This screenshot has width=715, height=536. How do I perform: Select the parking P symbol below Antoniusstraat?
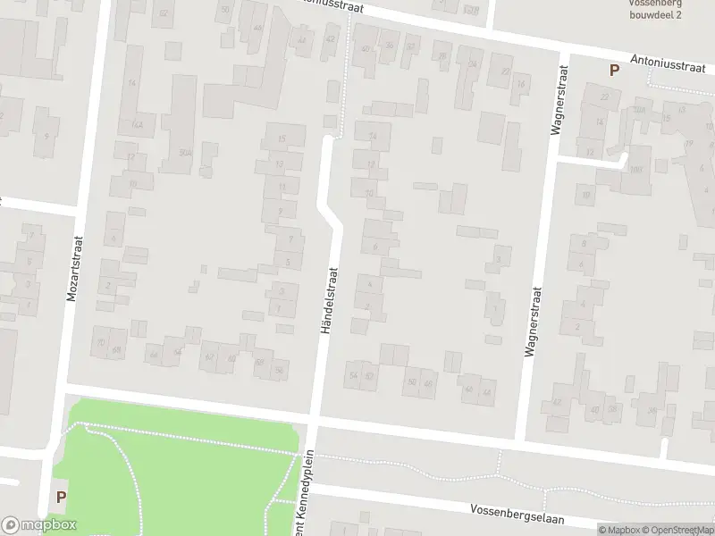point(614,70)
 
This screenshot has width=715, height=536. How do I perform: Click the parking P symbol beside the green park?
point(61,497)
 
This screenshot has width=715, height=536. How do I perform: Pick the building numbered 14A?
point(137,125)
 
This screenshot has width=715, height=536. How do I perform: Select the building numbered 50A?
point(185,153)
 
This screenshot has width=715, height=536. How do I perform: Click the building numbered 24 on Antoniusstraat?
point(471,63)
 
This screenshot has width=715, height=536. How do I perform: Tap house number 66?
point(154,355)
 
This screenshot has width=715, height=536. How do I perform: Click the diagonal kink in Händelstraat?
point(330,215)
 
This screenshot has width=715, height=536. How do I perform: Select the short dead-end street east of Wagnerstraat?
point(590,159)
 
